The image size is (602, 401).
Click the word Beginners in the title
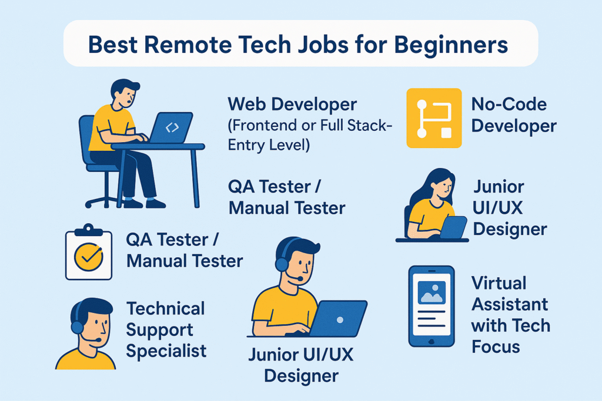tap(451, 46)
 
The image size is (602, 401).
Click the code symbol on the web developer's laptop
tap(172, 127)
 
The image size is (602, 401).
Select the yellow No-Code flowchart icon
tap(434, 117)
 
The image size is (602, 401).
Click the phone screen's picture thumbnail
tap(432, 292)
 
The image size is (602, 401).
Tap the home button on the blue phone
tap(431, 341)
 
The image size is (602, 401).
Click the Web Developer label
tap(292, 105)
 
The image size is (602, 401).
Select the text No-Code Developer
tap(514, 115)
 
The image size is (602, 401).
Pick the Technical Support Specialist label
tap(166, 330)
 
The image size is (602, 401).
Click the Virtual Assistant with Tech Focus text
tap(511, 315)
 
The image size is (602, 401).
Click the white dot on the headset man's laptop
tap(340, 320)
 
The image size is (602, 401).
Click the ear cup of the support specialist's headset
tap(77, 327)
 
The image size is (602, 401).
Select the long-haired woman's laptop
tap(453, 227)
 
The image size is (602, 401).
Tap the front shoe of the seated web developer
tap(155, 203)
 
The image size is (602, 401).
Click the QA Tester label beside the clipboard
tap(184, 250)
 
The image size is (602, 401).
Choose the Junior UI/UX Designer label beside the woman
tap(510, 208)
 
